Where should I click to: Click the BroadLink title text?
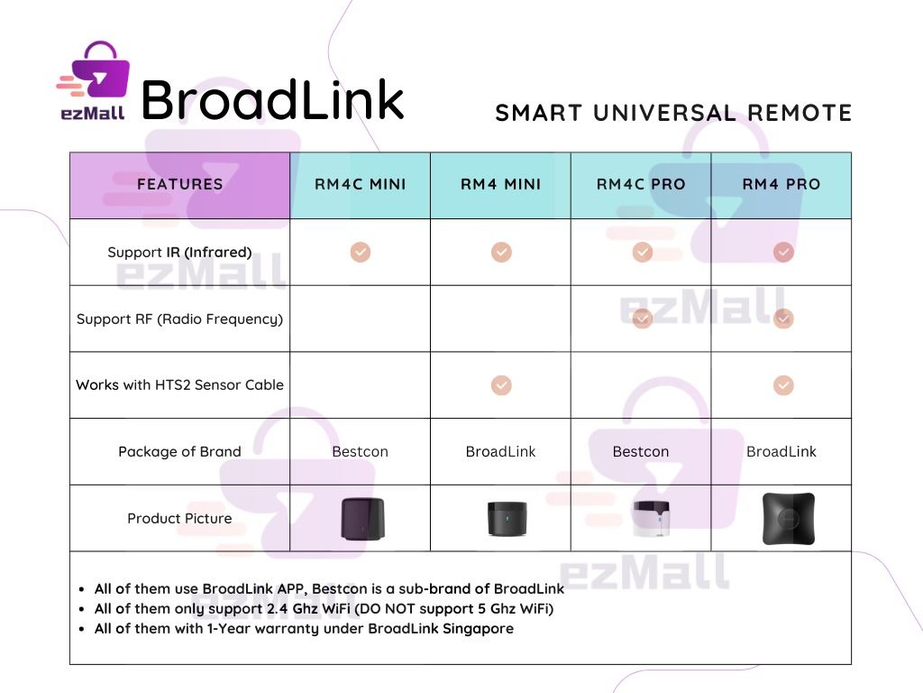click(x=272, y=98)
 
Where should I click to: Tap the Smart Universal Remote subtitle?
click(x=673, y=113)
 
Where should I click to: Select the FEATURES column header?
click(x=180, y=184)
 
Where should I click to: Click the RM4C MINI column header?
click(x=361, y=184)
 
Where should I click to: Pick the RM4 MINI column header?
click(x=501, y=184)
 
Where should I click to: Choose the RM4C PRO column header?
click(x=641, y=184)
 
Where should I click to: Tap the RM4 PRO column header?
click(x=781, y=184)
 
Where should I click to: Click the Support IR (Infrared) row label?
click(x=179, y=252)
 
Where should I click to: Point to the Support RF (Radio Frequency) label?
click(x=179, y=319)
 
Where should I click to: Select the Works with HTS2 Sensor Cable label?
click(x=179, y=384)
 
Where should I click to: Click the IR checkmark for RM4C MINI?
click(x=361, y=252)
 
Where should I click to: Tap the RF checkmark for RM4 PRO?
click(x=783, y=319)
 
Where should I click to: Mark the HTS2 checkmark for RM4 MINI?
click(x=501, y=385)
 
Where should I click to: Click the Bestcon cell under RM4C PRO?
click(x=641, y=451)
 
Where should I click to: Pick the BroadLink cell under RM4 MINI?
click(x=500, y=451)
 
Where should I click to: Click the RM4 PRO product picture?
click(x=788, y=518)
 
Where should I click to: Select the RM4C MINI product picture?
click(x=362, y=518)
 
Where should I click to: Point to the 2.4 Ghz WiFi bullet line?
click(x=324, y=608)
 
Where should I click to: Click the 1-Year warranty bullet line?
click(x=304, y=628)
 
